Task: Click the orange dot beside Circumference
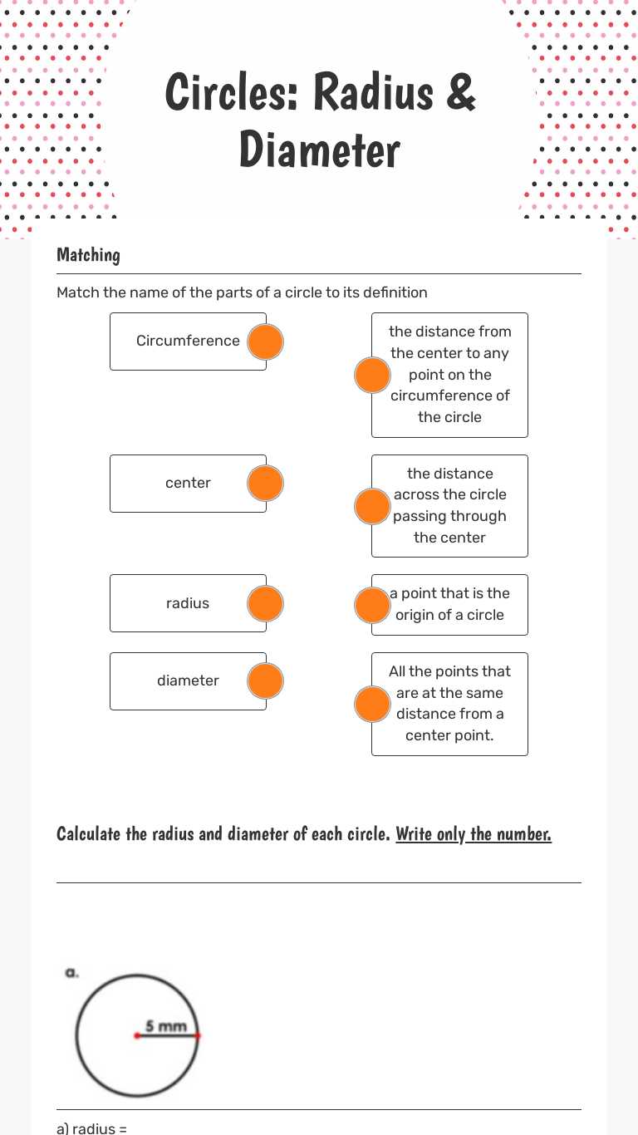coord(266,341)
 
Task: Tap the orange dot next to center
coord(266,484)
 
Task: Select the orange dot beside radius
coord(266,604)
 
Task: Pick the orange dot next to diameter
coord(266,681)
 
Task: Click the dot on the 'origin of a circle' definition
coord(372,605)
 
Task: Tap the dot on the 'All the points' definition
coord(372,705)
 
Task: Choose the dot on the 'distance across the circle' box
coord(372,506)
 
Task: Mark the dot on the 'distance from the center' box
coord(372,376)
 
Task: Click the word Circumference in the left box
coord(188,341)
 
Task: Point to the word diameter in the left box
coord(188,681)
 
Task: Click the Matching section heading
coord(88,255)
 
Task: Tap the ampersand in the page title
coord(460,91)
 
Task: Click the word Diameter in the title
coord(320,150)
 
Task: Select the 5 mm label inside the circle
coord(166,1026)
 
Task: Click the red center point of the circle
coord(136,1035)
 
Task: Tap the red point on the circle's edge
coord(198,1035)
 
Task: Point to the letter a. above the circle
coord(71,972)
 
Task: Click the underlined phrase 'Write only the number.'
coord(474,833)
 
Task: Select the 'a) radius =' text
coord(91,1128)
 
